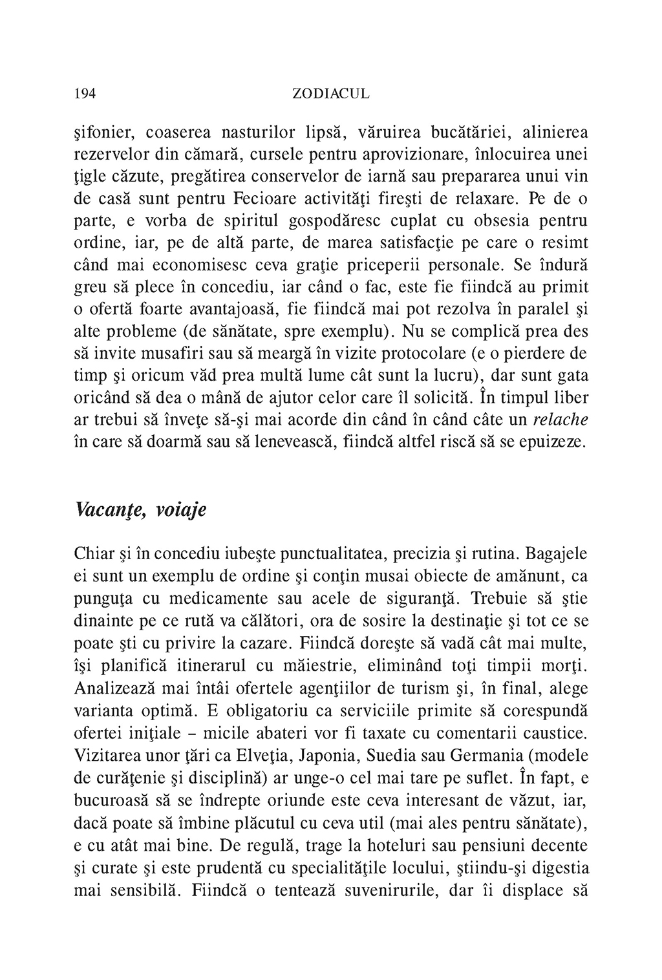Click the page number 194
(85, 94)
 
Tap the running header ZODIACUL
(331, 94)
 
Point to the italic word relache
(560, 420)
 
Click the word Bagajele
(556, 554)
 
